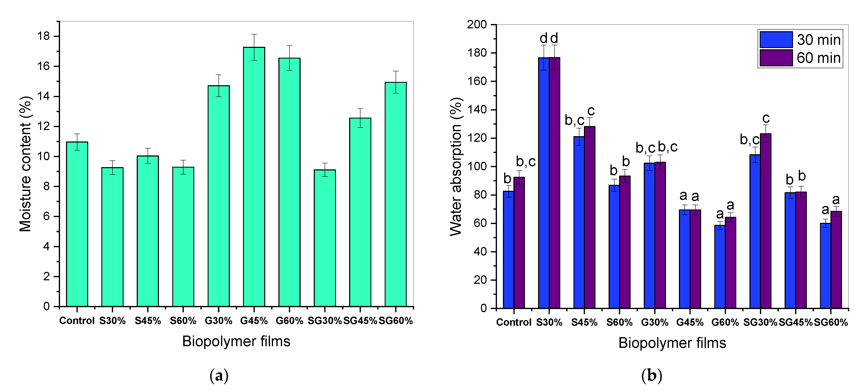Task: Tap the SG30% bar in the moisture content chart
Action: pos(325,238)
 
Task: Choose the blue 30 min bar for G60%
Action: pos(720,267)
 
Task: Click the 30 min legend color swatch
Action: pos(776,40)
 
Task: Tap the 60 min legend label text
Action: pos(819,58)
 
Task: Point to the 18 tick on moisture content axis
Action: pos(44,36)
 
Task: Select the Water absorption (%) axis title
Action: pos(456,167)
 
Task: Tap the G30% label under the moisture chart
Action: pos(219,321)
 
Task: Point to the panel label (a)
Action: pos(219,376)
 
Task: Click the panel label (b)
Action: pos(651,376)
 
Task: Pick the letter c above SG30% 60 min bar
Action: pos(766,118)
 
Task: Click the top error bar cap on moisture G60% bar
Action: pos(289,46)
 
